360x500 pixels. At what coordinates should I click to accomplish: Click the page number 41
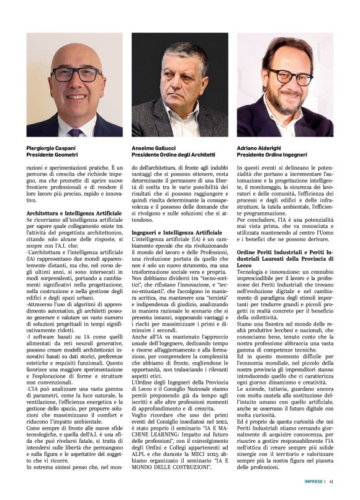click(x=332, y=480)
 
